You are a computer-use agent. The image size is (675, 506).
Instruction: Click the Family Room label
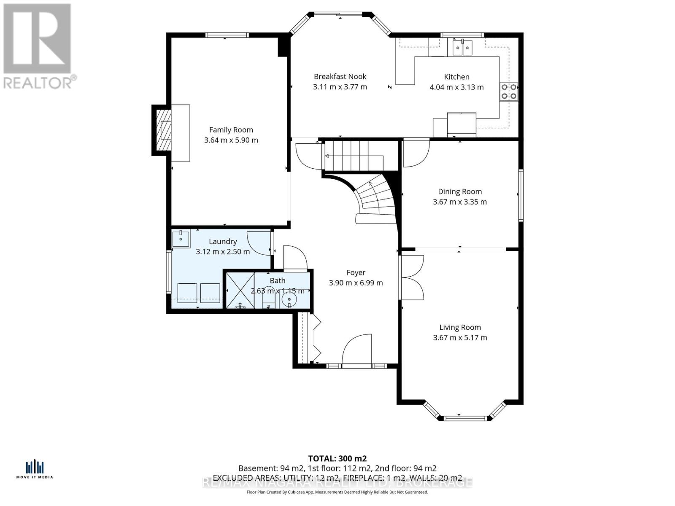pyautogui.click(x=231, y=130)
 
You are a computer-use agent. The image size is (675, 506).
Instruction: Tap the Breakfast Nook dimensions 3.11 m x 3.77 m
pyautogui.click(x=340, y=87)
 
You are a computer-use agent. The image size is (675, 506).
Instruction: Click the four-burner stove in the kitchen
pyautogui.click(x=508, y=92)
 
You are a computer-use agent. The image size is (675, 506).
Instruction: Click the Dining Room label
pyautogui.click(x=459, y=191)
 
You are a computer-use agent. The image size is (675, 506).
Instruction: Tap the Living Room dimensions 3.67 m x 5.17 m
pyautogui.click(x=460, y=337)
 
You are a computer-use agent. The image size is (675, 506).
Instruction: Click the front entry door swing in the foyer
pyautogui.click(x=357, y=348)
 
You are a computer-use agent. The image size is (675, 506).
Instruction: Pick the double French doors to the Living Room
pyautogui.click(x=412, y=277)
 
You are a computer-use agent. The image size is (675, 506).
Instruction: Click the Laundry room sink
pyautogui.click(x=181, y=238)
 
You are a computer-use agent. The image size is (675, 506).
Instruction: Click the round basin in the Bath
pyautogui.click(x=289, y=300)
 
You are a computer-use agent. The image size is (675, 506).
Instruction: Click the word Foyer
pyautogui.click(x=356, y=273)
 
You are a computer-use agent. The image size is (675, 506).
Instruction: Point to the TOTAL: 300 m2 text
pyautogui.click(x=337, y=458)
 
